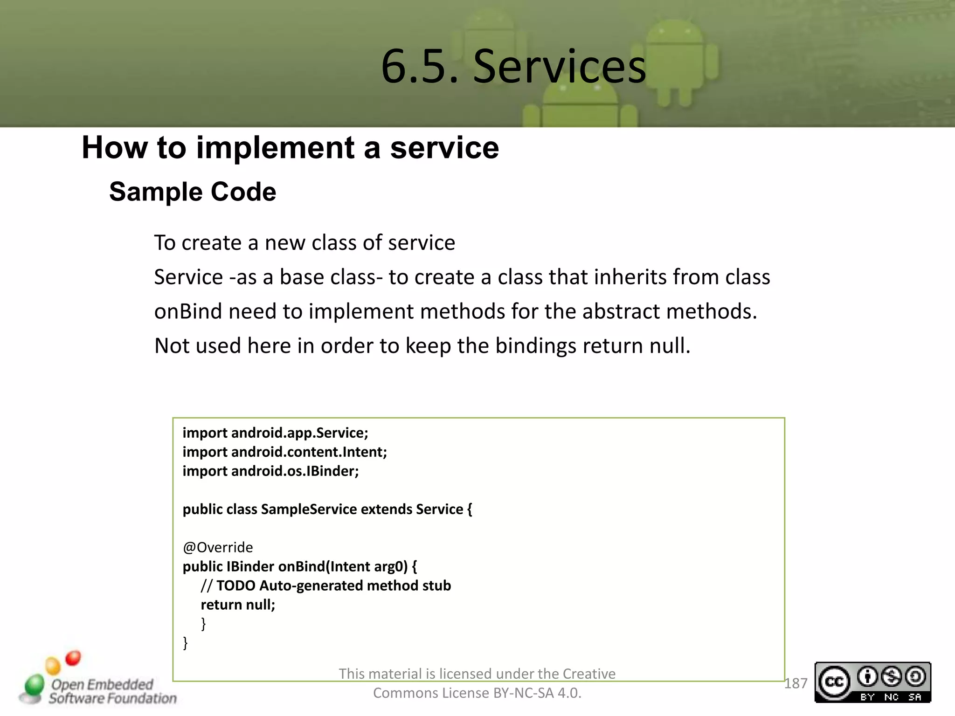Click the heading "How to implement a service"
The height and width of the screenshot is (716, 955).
click(x=290, y=148)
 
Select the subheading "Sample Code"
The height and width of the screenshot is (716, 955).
click(x=193, y=192)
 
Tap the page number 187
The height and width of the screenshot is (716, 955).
click(x=796, y=683)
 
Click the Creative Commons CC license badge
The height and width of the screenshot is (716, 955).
click(x=872, y=682)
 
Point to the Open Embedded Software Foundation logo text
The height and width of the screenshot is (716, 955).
click(x=112, y=691)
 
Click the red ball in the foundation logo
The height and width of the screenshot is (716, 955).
click(x=73, y=658)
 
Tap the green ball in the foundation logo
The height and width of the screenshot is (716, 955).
click(x=34, y=685)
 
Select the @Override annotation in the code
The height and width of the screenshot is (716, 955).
click(x=218, y=547)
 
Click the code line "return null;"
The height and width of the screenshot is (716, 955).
click(x=238, y=605)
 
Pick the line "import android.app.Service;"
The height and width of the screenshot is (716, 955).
click(x=275, y=433)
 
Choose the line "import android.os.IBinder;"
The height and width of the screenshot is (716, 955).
click(x=270, y=471)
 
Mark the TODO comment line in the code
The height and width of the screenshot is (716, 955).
click(x=325, y=585)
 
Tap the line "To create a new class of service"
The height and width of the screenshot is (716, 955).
click(x=304, y=243)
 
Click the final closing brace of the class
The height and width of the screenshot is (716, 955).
click(x=185, y=643)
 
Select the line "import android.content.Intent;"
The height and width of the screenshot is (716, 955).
click(x=284, y=452)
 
